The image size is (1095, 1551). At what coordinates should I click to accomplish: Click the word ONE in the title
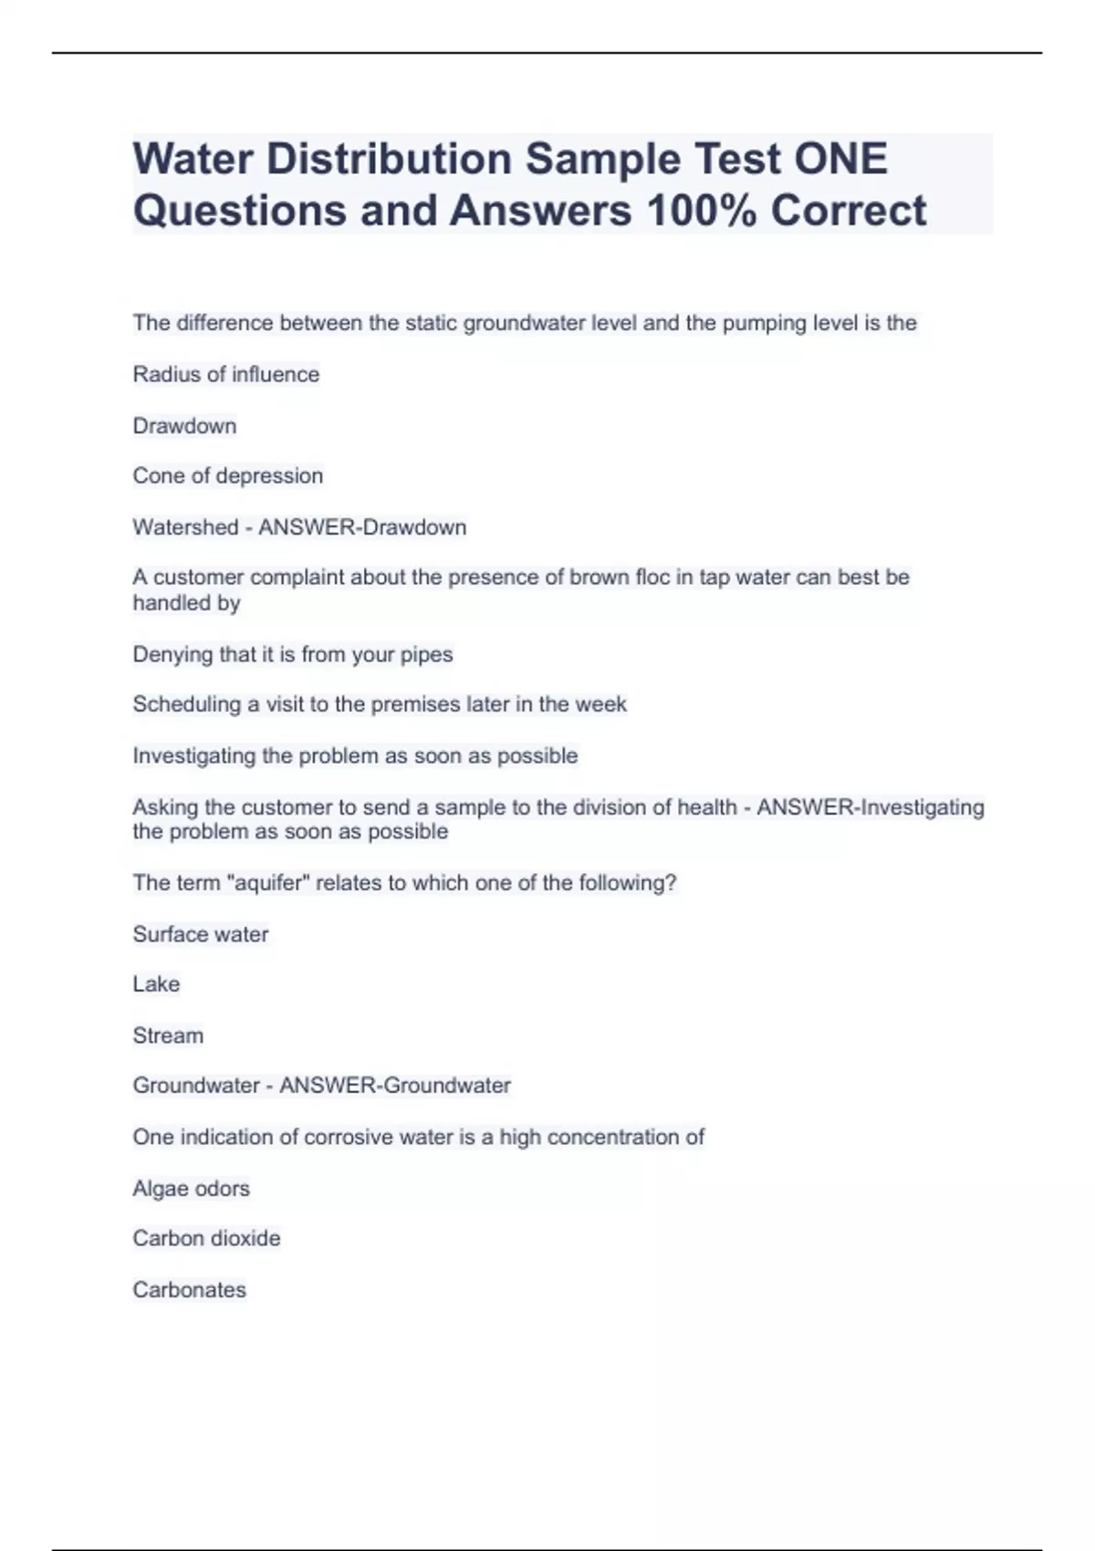tap(840, 159)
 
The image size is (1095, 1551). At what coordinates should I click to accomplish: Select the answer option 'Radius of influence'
tap(226, 374)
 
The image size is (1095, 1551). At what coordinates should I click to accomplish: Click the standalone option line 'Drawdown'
tap(184, 426)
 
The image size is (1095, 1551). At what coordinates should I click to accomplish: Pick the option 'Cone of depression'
tap(228, 475)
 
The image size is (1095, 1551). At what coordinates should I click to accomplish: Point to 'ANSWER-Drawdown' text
tap(362, 527)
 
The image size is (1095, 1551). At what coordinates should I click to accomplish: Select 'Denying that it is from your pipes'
tap(293, 654)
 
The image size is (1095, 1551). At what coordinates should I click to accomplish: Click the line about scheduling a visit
tap(380, 704)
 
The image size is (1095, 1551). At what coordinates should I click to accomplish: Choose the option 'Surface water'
tap(201, 934)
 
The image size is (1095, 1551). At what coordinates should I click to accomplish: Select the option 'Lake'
tap(156, 984)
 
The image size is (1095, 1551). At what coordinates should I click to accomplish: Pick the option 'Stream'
tap(168, 1036)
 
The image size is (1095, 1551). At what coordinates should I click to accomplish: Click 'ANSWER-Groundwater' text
tap(395, 1086)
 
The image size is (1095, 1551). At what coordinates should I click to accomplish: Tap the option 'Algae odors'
tap(191, 1189)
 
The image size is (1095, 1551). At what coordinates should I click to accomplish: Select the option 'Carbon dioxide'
tap(206, 1238)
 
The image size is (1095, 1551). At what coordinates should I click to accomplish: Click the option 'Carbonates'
tap(190, 1290)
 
